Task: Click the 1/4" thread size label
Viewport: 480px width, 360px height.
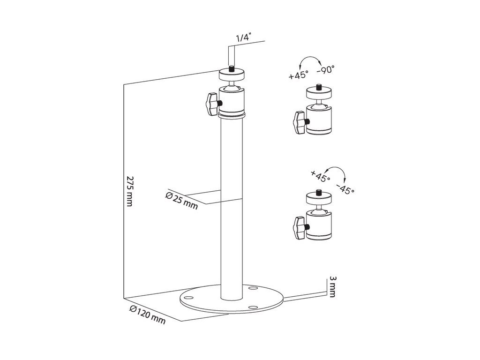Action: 243,38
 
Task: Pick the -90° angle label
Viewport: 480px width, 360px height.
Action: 325,70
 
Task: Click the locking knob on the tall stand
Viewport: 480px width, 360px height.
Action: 212,103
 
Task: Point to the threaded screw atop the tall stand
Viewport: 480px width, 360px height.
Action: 231,69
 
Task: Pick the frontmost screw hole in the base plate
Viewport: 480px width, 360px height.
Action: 253,307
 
